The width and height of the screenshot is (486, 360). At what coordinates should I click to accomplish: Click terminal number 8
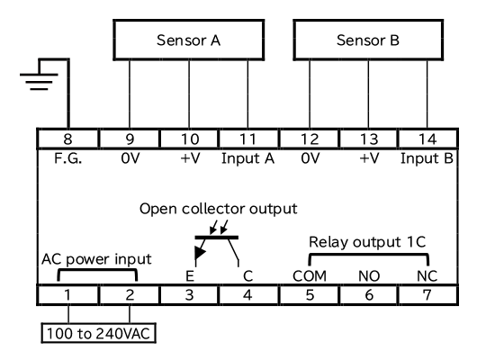pos(67,139)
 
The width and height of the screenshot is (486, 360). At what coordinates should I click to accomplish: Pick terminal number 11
pos(248,139)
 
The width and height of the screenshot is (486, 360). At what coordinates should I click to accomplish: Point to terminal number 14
pos(427,139)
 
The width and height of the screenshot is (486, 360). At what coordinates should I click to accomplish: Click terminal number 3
pos(189,295)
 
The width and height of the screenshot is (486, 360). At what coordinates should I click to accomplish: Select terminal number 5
pos(310,295)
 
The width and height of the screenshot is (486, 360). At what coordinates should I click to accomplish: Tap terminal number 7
pos(427,295)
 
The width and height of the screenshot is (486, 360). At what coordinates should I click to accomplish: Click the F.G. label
pos(67,158)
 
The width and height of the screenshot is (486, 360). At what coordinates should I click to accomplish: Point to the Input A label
pos(248,158)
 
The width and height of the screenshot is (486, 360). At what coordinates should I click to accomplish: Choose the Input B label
pos(427,158)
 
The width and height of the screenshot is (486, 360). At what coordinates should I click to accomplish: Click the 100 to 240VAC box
pos(99,333)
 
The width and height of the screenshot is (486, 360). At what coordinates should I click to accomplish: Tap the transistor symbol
pos(217,238)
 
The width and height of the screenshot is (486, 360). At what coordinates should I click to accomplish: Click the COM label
pos(310,276)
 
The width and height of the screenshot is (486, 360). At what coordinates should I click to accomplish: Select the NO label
pos(369,276)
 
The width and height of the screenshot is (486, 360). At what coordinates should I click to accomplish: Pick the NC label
pos(427,276)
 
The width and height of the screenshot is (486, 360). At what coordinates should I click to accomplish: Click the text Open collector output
pos(219,209)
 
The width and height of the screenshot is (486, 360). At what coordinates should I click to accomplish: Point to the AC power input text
pos(96,259)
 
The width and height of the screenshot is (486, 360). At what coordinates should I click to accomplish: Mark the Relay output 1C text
pos(367,242)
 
